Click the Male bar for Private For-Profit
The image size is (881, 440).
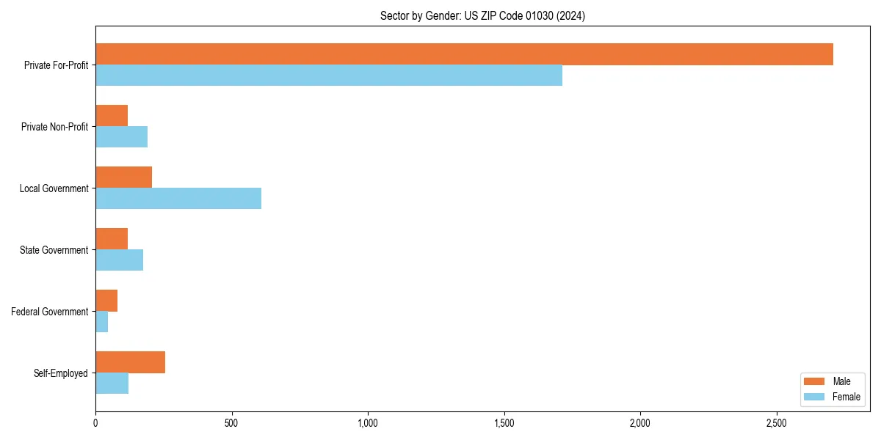click(x=464, y=54)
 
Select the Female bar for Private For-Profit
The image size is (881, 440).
click(x=329, y=76)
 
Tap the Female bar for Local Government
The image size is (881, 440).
click(x=178, y=199)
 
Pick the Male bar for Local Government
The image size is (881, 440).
click(x=123, y=177)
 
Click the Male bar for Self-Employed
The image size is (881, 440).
click(x=130, y=362)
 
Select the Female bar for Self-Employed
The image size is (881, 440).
click(x=112, y=384)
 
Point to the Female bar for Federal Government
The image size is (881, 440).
click(x=102, y=322)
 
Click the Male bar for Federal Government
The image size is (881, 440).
click(x=106, y=301)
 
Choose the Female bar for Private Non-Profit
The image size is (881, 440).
click(x=121, y=137)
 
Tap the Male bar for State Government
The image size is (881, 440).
click(x=112, y=239)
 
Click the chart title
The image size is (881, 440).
click(x=482, y=15)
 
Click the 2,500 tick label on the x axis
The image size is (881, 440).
click(x=777, y=423)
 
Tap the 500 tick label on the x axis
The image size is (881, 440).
click(x=231, y=423)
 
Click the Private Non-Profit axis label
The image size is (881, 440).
click(x=54, y=127)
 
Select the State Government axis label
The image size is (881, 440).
click(x=54, y=250)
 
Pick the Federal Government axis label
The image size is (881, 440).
click(x=50, y=312)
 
